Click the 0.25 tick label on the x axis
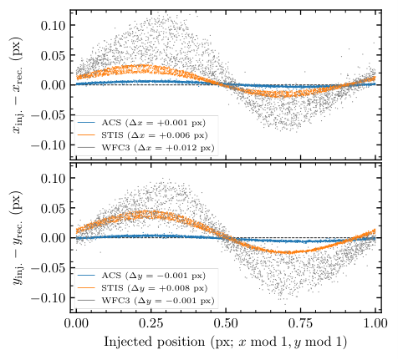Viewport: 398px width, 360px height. pos(151,324)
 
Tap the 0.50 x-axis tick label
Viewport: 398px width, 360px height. pos(226,324)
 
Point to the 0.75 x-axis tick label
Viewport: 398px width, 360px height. pos(300,324)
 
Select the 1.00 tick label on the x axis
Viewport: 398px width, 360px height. pos(375,324)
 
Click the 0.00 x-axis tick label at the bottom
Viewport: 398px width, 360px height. pos(76,324)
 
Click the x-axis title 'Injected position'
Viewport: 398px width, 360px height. pos(155,342)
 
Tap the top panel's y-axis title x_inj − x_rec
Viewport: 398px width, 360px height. pos(18,85)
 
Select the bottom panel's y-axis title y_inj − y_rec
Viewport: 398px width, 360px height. pos(18,238)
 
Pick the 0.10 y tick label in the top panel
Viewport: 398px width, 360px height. pos(53,25)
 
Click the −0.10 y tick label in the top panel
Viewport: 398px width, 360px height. pos(48,145)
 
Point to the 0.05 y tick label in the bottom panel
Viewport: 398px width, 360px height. pos(53,208)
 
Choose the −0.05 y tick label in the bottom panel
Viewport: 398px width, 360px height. pos(48,268)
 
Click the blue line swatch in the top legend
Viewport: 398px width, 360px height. pos(86,123)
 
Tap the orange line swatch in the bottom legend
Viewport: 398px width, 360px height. pos(86,288)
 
